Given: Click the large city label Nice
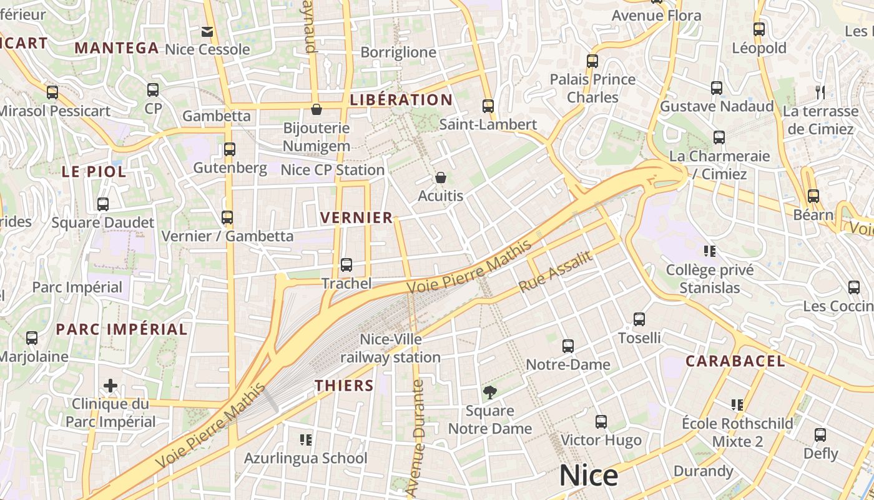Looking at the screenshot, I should [x=588, y=476].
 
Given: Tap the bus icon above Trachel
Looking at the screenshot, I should [x=346, y=264].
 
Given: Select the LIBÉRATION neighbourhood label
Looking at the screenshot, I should [x=401, y=100].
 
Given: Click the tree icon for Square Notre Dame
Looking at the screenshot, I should [x=490, y=392].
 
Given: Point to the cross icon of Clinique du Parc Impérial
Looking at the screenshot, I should [x=110, y=385].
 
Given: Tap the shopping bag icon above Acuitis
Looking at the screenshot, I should [x=441, y=177].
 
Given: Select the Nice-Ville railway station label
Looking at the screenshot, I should [x=391, y=349].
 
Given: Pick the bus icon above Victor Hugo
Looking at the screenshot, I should [x=601, y=422].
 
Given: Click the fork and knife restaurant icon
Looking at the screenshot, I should [x=820, y=92].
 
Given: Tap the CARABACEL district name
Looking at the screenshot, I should [x=735, y=361].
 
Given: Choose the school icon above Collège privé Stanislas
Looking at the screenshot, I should [x=709, y=251].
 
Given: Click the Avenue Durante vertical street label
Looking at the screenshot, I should [x=418, y=437].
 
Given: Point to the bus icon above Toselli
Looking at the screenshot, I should [x=639, y=319].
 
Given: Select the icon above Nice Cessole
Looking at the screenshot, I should [x=207, y=31].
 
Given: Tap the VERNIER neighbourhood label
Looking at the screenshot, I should [x=356, y=217].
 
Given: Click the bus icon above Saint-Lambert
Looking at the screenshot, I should [x=488, y=106].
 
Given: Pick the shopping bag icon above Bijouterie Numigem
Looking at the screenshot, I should [x=317, y=109].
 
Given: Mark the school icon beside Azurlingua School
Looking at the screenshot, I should [x=305, y=439].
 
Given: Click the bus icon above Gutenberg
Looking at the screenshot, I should [x=230, y=149].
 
